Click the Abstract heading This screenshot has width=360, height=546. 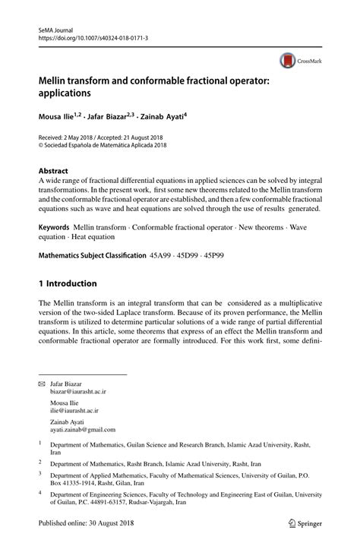coord(53,171)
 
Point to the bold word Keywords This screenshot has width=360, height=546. coord(54,227)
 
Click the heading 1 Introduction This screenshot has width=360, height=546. coord(68,283)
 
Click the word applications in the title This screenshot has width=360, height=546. coord(65,93)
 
